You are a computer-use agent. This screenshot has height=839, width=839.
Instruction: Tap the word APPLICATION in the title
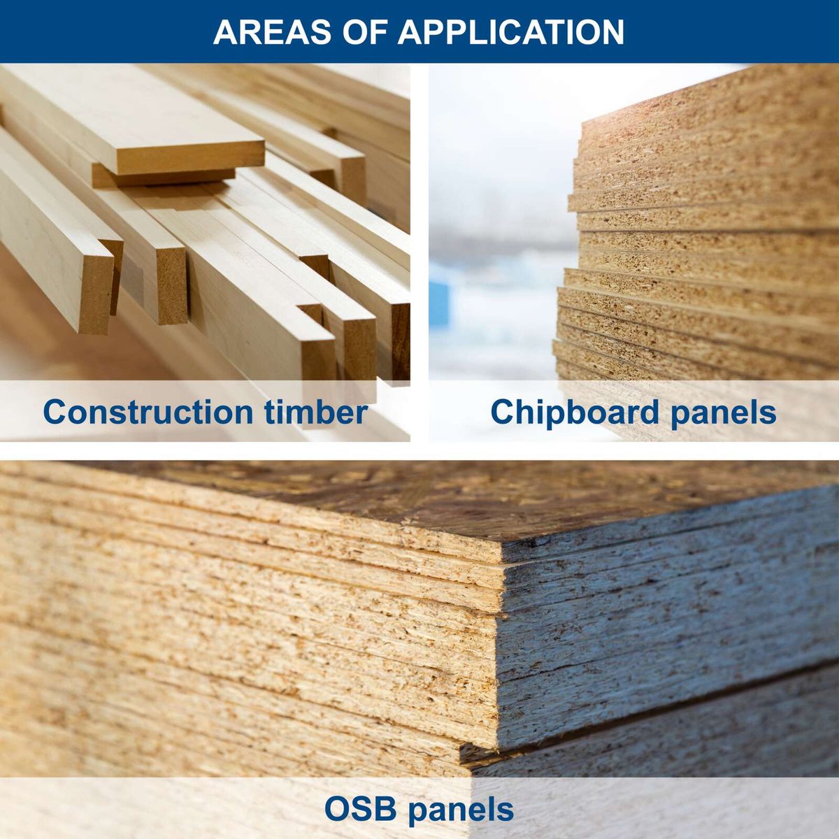coord(511,32)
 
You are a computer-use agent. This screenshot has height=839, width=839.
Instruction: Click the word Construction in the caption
coord(148,412)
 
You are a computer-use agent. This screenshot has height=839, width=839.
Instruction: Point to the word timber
coord(316,412)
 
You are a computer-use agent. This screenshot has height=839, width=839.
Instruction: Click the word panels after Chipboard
coord(723,412)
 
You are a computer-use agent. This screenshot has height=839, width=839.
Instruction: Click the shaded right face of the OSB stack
coord(664,629)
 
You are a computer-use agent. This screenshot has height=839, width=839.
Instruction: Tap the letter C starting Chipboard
coord(501,412)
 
